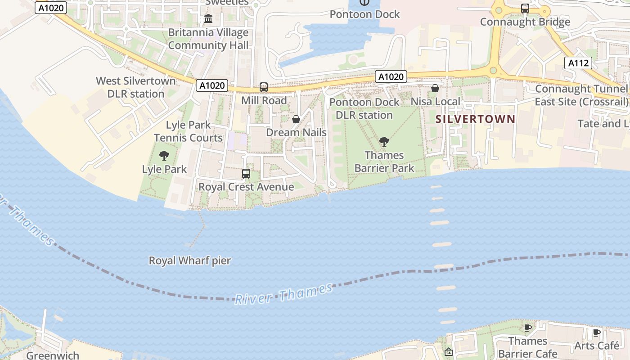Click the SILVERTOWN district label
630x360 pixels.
click(475, 119)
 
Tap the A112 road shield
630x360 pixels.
click(578, 63)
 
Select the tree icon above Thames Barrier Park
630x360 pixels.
click(384, 142)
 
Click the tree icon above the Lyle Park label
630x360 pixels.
click(164, 156)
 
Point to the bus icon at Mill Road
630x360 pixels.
click(264, 87)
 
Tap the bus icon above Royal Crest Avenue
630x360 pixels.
click(246, 173)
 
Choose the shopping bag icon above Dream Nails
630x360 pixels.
click(296, 119)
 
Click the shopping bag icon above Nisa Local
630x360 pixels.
click(435, 88)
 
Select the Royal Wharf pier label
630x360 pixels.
click(190, 261)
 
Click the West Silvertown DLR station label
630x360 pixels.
click(135, 87)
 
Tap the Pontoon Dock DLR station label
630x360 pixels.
click(364, 108)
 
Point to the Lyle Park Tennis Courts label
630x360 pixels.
click(188, 131)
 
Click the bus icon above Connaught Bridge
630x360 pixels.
click(525, 8)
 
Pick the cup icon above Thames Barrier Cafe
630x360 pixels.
click(528, 327)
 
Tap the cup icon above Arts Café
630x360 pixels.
click(597, 333)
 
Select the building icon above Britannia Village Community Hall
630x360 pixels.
click(208, 19)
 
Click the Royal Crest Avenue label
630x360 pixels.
click(246, 187)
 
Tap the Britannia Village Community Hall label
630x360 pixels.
click(208, 39)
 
